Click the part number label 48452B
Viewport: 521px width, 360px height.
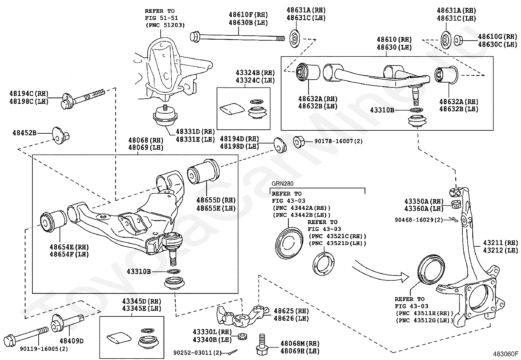coord(24,133)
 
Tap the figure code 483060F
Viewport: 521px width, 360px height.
coord(506,354)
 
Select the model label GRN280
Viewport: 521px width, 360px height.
coord(282,184)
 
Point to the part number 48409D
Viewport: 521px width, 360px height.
coord(71,341)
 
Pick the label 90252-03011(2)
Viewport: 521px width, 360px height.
coord(197,353)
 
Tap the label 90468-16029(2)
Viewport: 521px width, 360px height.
coord(419,220)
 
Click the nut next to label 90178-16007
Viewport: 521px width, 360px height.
coord(299,142)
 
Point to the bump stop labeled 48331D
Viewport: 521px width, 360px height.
coord(166,117)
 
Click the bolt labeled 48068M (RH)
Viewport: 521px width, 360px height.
coord(261,345)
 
